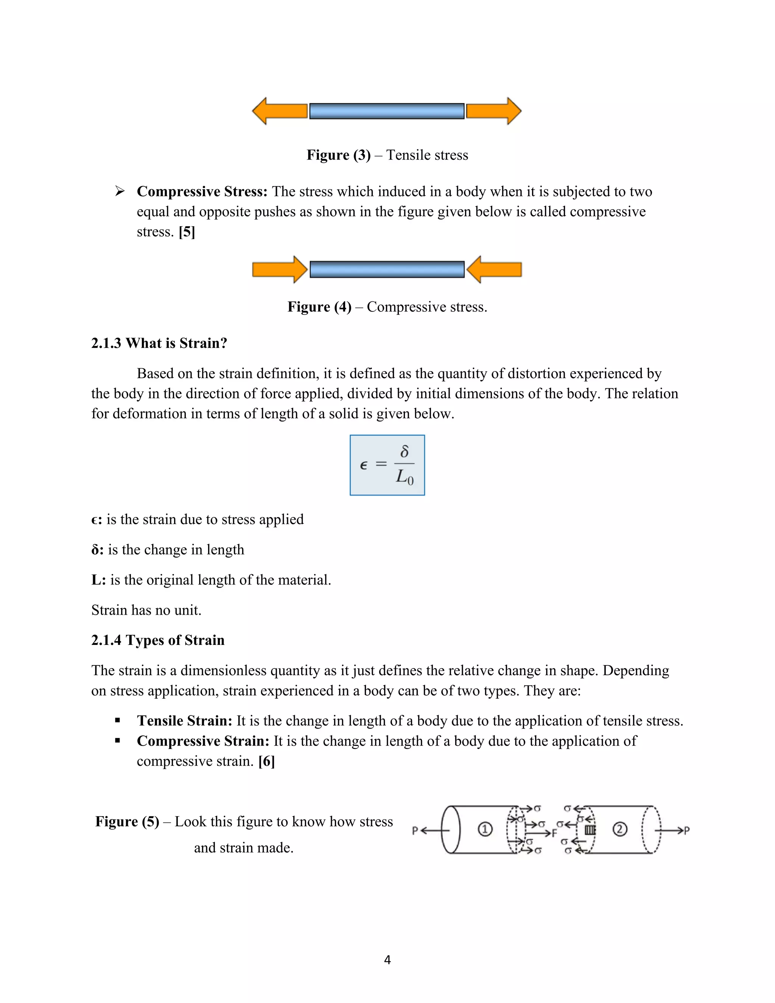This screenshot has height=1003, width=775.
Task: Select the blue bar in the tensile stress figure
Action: pyautogui.click(x=387, y=111)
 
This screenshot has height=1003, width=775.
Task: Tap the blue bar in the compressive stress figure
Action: pyautogui.click(x=387, y=269)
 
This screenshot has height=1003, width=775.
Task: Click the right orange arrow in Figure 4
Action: pyautogui.click(x=495, y=269)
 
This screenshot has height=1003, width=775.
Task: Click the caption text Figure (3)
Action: pyautogui.click(x=338, y=155)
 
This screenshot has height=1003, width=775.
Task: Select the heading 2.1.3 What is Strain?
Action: pyautogui.click(x=159, y=343)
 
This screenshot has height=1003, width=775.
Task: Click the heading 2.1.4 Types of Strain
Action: pyautogui.click(x=157, y=640)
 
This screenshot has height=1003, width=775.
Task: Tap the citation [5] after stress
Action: pyautogui.click(x=187, y=232)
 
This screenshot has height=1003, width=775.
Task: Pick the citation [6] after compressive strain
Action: pyautogui.click(x=266, y=762)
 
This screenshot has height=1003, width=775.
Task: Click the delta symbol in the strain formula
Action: pyautogui.click(x=404, y=452)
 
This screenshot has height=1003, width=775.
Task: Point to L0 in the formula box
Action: pyautogui.click(x=405, y=478)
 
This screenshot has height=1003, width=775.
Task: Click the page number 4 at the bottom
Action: pyautogui.click(x=387, y=960)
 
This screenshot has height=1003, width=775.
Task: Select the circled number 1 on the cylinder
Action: pyautogui.click(x=485, y=829)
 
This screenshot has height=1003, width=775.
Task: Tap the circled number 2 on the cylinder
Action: pyautogui.click(x=620, y=829)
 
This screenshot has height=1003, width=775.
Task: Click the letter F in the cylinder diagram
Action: pyautogui.click(x=554, y=833)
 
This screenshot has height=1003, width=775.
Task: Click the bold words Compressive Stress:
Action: pyautogui.click(x=202, y=192)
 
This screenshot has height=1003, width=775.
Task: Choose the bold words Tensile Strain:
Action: pyautogui.click(x=185, y=721)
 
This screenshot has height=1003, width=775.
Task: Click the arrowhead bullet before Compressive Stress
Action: pyautogui.click(x=120, y=191)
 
